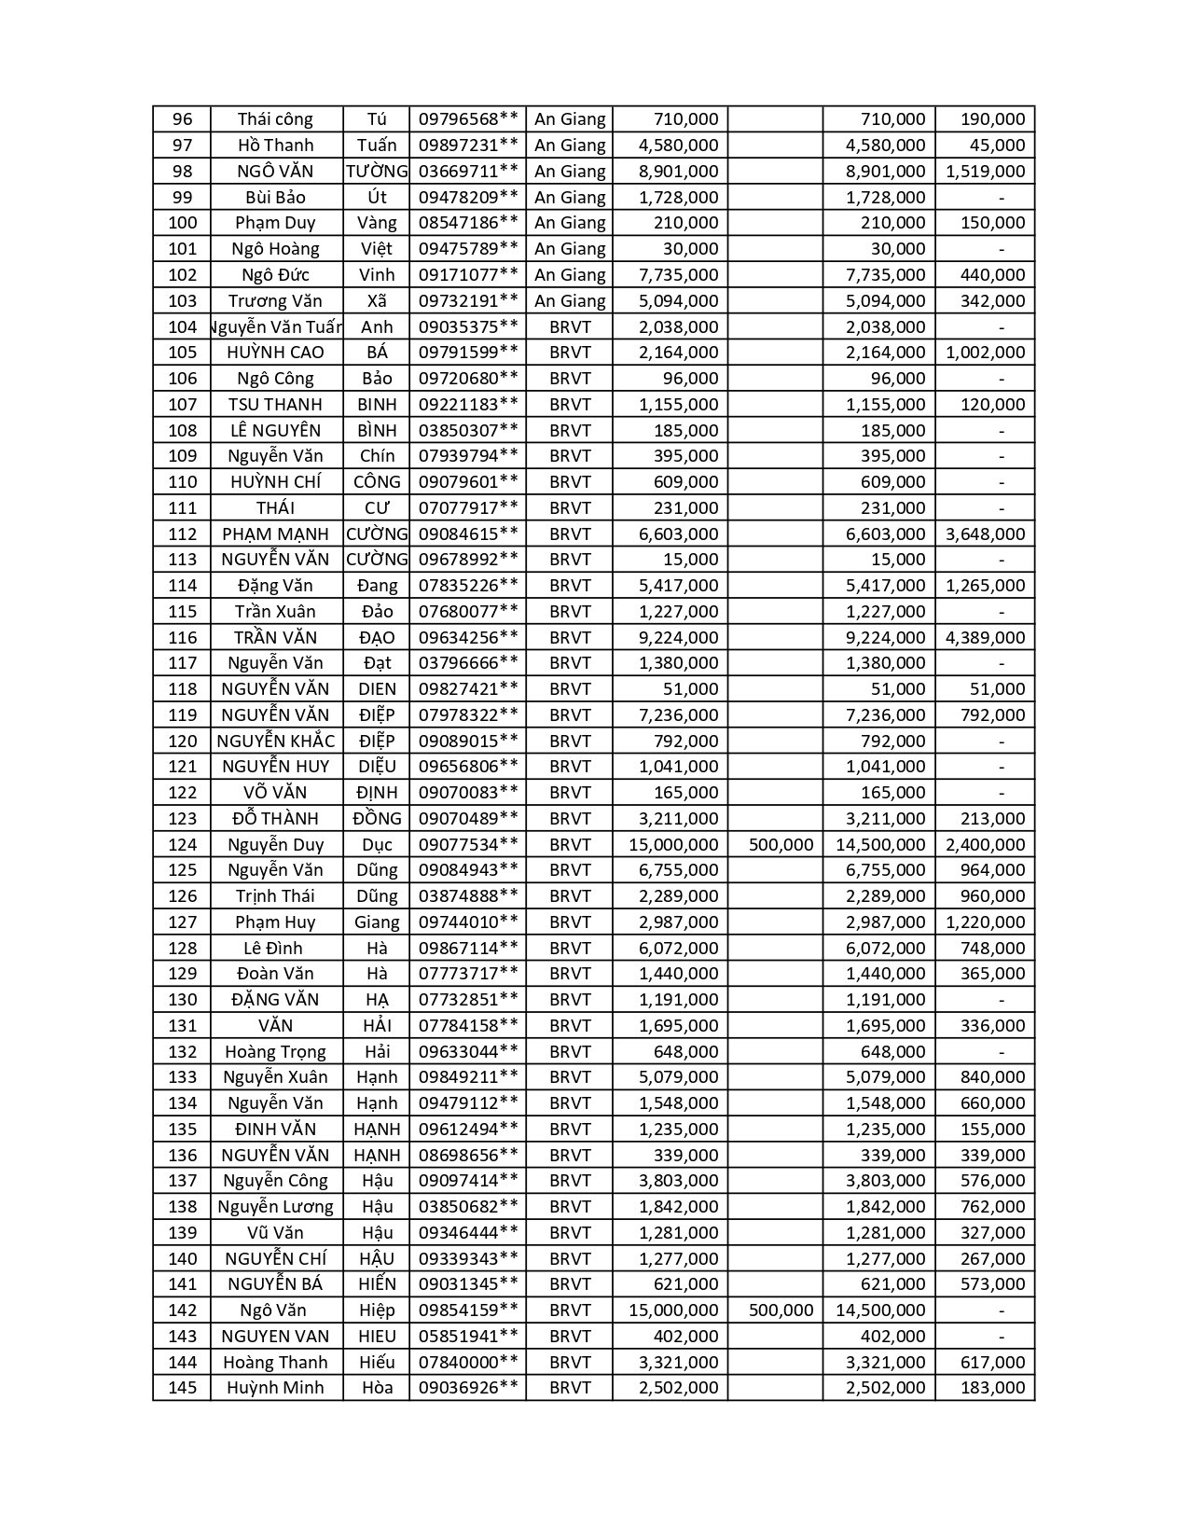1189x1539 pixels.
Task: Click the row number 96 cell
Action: tap(183, 119)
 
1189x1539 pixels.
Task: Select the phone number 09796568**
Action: tap(467, 119)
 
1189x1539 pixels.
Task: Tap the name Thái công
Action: tap(275, 119)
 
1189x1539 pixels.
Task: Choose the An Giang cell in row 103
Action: tap(569, 300)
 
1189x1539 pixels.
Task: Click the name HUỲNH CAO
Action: tap(275, 353)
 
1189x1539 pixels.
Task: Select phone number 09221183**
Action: tap(467, 404)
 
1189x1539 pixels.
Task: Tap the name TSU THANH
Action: tap(275, 404)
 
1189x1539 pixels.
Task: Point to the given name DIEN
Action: tap(377, 689)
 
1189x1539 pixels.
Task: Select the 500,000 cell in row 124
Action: tap(781, 845)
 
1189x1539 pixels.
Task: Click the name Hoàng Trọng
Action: tap(275, 1052)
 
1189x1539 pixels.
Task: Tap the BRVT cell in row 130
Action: tap(569, 1000)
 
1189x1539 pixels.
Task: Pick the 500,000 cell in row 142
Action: tap(781, 1310)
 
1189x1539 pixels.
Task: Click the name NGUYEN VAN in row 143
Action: tap(275, 1337)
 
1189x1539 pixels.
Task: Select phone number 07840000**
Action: tap(467, 1363)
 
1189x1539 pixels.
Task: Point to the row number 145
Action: tap(183, 1388)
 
